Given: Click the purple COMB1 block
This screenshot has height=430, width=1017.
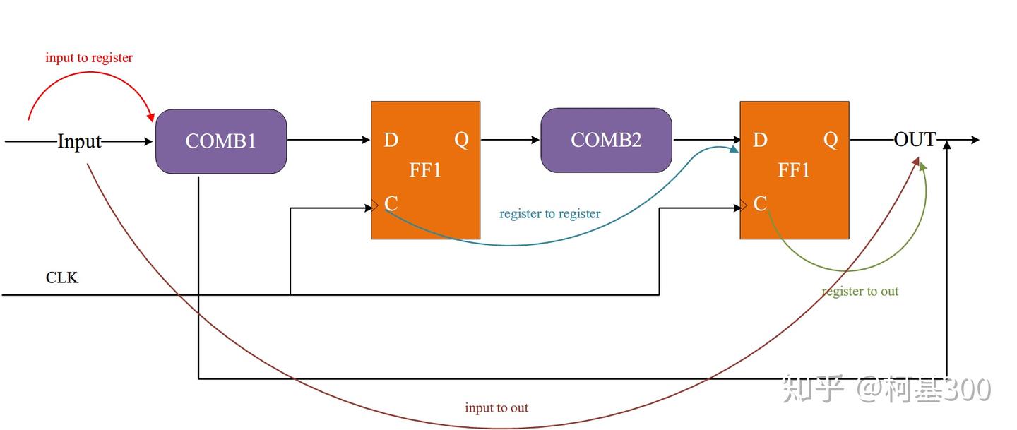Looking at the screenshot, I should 221,141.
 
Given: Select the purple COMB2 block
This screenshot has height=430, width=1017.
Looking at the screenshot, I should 606,140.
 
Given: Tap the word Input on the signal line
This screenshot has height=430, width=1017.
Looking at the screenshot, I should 79,141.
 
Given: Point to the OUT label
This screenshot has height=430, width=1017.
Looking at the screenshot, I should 915,140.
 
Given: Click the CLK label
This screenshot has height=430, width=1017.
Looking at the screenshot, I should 62,277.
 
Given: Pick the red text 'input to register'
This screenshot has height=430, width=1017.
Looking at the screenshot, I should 89,58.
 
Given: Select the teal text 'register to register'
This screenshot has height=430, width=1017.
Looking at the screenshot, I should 549,213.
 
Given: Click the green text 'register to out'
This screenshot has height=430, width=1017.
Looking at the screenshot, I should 860,291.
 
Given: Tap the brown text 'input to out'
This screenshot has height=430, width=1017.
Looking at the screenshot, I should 496,407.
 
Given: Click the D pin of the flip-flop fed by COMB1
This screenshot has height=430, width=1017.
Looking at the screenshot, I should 391,140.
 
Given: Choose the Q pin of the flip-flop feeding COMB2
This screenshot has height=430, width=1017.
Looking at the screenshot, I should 461,140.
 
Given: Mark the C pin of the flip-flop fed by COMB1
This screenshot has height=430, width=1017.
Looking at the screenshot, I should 391,204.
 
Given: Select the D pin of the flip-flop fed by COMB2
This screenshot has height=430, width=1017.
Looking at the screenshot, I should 760,140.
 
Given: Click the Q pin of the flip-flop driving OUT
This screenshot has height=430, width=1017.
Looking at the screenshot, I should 831,140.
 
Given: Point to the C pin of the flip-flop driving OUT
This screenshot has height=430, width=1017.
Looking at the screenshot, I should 760,204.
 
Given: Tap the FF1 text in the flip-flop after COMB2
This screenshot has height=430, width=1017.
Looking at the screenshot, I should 794,170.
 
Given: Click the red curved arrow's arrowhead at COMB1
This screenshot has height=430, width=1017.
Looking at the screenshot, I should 150,117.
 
